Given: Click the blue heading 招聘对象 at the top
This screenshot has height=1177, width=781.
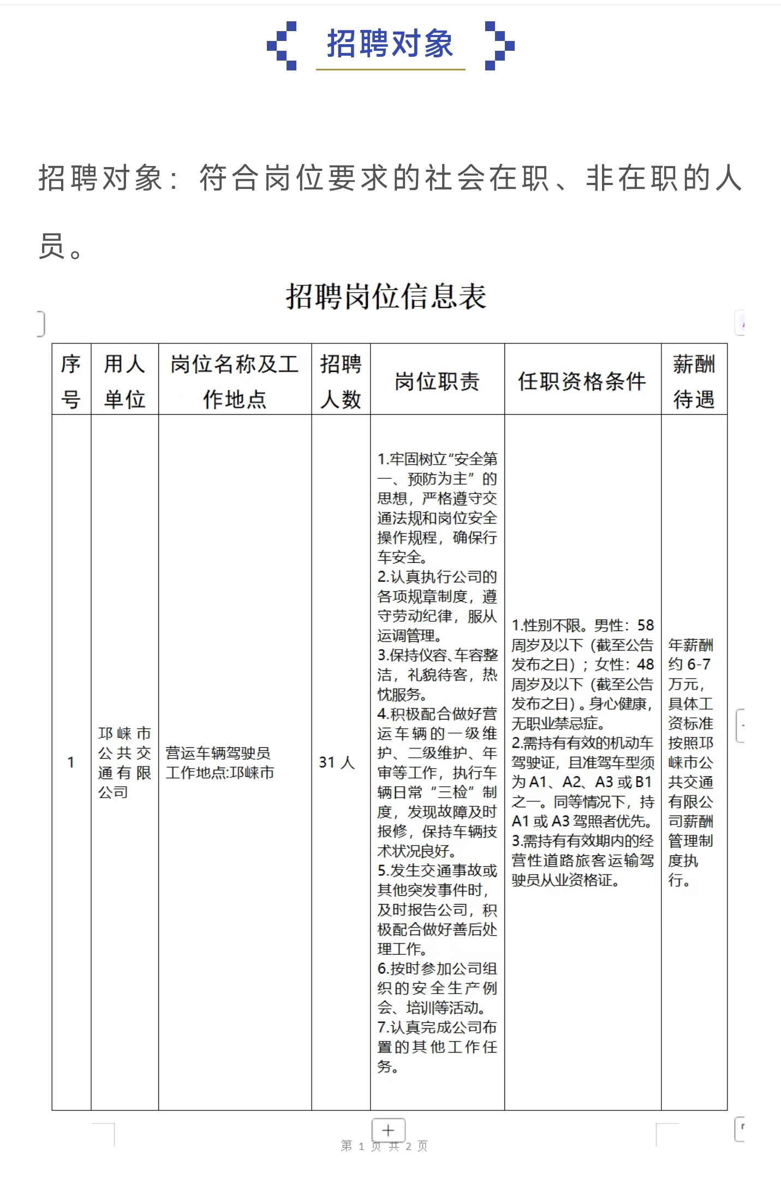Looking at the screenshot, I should [390, 44].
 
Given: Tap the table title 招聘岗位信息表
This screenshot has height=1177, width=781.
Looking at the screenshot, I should [386, 296].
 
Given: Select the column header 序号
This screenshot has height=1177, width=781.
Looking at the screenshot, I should [71, 381].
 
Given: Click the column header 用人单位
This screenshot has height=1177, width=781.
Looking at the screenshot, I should [124, 381].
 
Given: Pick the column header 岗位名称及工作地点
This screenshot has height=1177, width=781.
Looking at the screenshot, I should [235, 381].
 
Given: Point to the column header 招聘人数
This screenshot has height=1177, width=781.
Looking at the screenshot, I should [341, 381].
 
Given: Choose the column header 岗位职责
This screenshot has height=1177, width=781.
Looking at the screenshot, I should [437, 381].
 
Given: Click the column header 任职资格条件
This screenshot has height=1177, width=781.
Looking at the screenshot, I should [582, 381].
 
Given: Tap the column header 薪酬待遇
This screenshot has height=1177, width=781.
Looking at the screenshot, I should [694, 381].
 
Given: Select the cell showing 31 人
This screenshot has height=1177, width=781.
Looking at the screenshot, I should [337, 762].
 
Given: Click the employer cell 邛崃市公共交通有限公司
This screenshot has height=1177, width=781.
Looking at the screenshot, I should [124, 762].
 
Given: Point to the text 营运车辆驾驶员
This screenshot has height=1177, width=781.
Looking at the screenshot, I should [218, 753].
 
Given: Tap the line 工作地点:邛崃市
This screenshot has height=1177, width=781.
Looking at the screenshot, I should [220, 772].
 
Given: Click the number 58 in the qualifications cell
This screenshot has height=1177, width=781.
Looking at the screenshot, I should [645, 625].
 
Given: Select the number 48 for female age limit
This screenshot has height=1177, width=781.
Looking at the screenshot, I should [645, 664].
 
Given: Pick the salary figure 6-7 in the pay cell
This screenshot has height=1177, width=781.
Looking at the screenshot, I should [699, 664].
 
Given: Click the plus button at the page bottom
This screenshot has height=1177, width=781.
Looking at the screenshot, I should [388, 1130].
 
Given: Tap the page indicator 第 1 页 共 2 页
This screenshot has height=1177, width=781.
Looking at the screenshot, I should [384, 1145].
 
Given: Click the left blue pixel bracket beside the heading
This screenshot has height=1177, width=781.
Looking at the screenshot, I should [282, 46].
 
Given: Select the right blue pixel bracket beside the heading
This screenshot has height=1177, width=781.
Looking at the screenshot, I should [499, 46].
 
